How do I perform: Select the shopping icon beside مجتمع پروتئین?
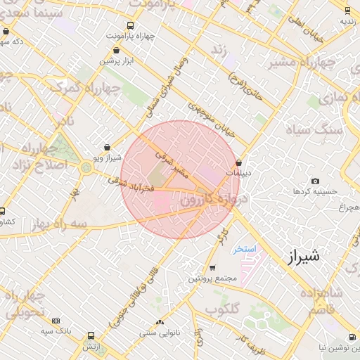tap(212, 268)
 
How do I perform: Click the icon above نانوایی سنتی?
tap(160, 322)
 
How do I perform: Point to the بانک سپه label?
tap(56, 330)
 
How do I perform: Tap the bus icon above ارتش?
tap(91, 335)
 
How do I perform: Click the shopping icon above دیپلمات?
tap(239, 162)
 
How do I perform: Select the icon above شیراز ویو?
tap(107, 148)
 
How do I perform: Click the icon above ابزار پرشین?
tap(116, 51)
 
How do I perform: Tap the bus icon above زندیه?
tap(347, 10)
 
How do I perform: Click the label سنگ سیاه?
tap(313, 130)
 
